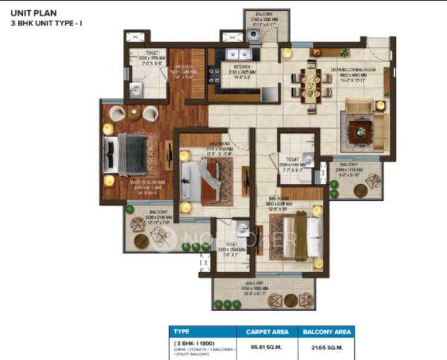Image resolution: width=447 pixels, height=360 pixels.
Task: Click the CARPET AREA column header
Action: coord(268,331)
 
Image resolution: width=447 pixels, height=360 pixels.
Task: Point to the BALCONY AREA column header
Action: coord(325,331)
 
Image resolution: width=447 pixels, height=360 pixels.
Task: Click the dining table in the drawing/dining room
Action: coord(311,85)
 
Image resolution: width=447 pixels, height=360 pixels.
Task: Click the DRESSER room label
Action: coord(178,67)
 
